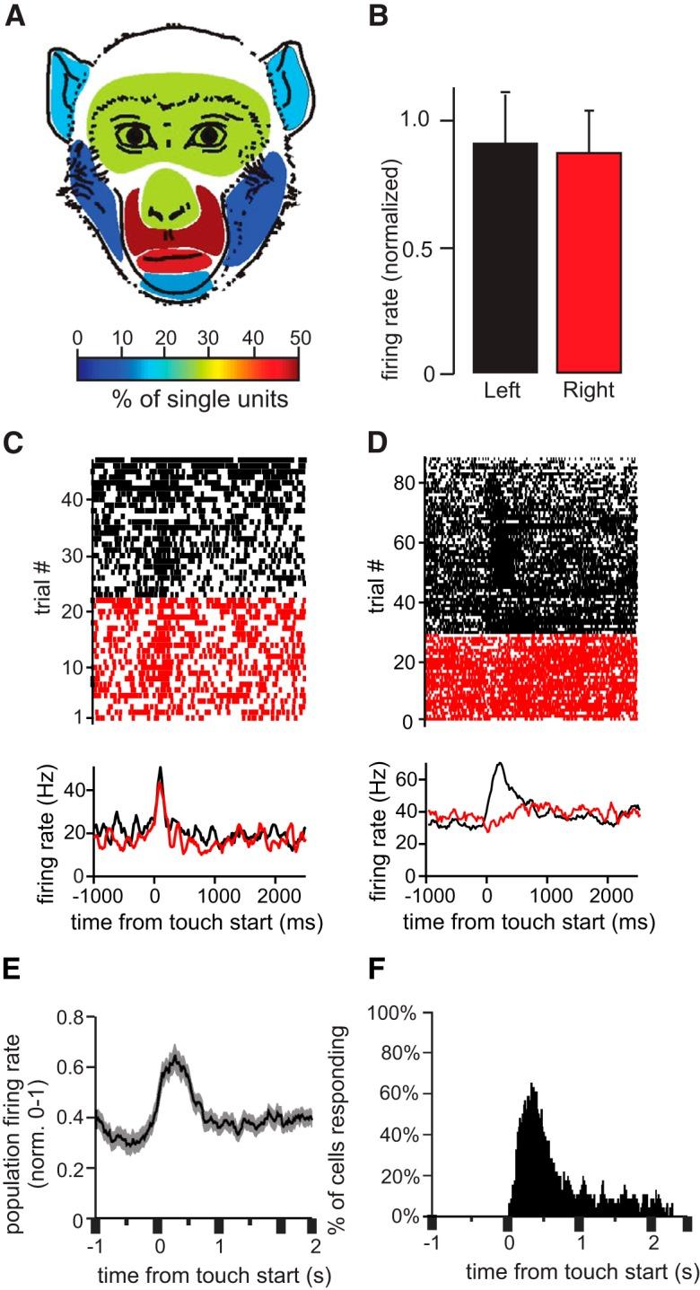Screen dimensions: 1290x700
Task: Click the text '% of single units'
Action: pos(188,399)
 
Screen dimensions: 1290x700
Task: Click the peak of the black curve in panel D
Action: pos(499,764)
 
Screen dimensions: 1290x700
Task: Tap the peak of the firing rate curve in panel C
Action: pos(160,768)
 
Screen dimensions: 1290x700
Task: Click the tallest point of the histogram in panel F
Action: pos(532,1084)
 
